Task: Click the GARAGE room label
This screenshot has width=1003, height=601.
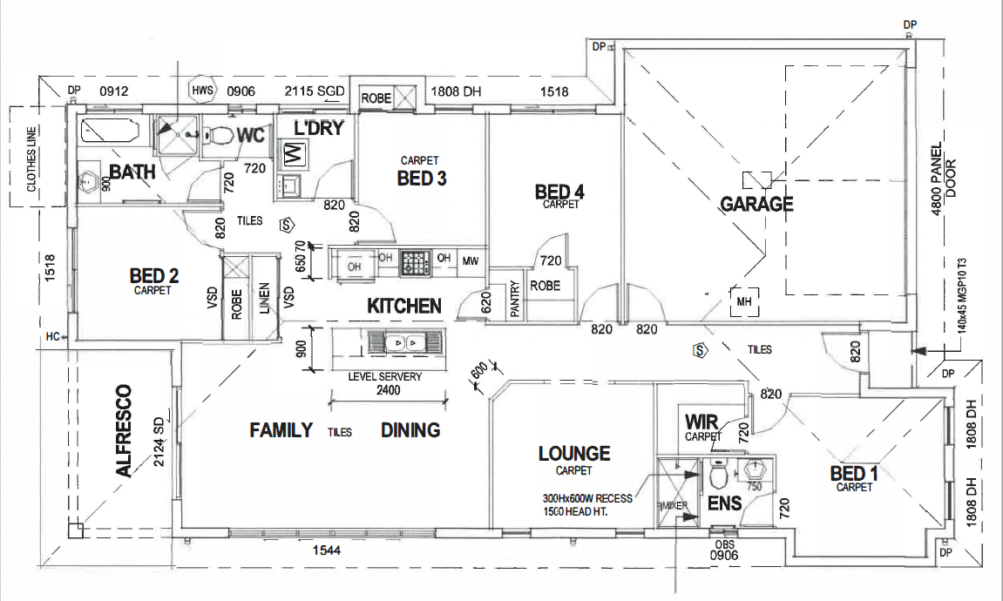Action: (x=756, y=204)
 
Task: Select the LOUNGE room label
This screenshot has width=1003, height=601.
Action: (x=573, y=453)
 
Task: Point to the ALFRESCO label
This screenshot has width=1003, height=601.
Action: (x=124, y=430)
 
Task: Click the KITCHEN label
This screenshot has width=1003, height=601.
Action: (x=403, y=306)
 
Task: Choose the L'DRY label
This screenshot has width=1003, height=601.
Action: (x=319, y=128)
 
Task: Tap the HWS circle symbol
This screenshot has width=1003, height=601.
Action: (x=202, y=90)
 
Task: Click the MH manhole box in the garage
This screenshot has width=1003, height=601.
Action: (x=743, y=301)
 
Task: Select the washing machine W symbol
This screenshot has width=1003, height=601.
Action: (x=293, y=155)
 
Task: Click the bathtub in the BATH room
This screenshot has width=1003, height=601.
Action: (x=109, y=132)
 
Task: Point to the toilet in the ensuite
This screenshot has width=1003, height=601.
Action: (x=719, y=476)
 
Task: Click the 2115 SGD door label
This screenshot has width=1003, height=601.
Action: (x=316, y=91)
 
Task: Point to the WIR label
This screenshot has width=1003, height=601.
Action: (x=701, y=422)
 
